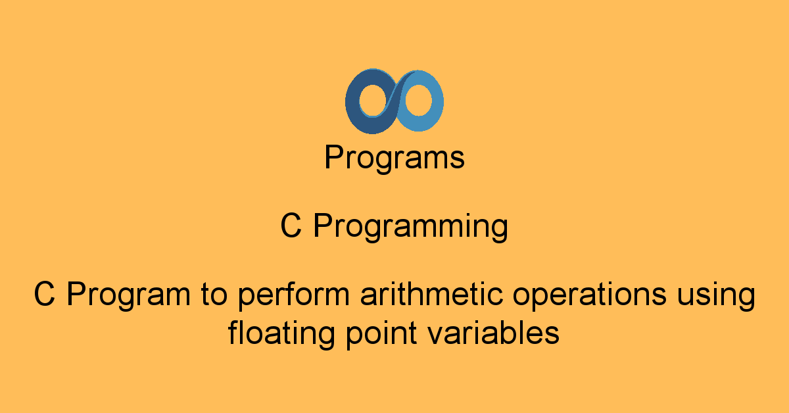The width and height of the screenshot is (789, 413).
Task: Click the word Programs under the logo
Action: tap(394, 158)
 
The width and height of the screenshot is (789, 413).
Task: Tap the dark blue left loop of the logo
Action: tap(352, 102)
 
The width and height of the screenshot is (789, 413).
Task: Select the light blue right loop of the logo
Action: tap(437, 101)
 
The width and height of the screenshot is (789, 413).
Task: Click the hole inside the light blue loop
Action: tap(418, 100)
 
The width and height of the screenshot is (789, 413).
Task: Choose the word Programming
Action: tap(411, 228)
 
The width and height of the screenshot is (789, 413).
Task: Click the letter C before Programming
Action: tap(291, 226)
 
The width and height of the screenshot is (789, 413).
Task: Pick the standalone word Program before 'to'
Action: tap(129, 295)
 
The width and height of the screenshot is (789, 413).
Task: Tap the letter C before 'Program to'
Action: tap(45, 293)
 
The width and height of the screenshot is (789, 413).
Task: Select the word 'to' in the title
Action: tap(214, 295)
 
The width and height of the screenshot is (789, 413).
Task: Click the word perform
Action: tap(294, 295)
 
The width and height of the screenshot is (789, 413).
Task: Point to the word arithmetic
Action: tap(431, 293)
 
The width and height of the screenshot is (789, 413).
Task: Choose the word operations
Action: tap(590, 295)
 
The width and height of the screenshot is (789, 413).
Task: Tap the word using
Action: tap(717, 296)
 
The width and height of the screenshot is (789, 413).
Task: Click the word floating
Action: tap(281, 333)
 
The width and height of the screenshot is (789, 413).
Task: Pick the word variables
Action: tap(494, 332)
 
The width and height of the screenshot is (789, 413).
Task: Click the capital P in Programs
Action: tap(334, 157)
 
